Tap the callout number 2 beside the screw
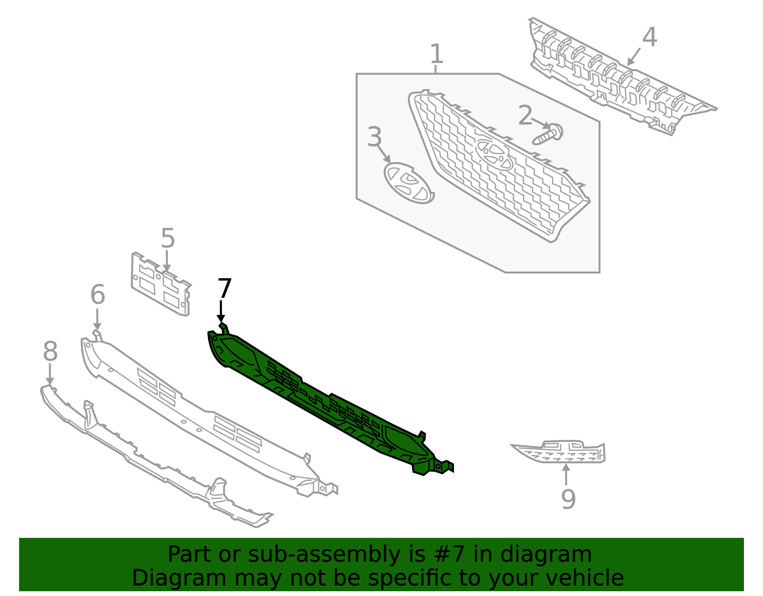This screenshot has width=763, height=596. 525,116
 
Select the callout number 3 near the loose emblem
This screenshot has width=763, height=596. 374,137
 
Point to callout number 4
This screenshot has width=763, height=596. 650,37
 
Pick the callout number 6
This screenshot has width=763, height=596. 97,294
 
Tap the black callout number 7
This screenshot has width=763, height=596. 224,289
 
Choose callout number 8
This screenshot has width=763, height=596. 50,352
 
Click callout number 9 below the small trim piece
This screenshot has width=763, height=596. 568,499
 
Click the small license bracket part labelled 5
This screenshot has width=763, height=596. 161,285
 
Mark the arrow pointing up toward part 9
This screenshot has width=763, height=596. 566,474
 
